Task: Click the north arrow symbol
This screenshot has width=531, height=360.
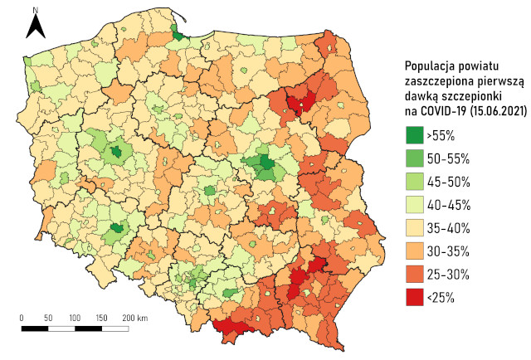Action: [35, 27]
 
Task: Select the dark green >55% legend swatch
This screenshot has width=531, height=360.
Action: [413, 134]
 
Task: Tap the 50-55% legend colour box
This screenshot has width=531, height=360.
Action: [413, 158]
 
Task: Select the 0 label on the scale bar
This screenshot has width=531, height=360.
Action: [22, 318]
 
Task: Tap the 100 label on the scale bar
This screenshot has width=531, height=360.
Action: [75, 318]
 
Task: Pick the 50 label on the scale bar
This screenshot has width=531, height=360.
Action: [48, 318]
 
